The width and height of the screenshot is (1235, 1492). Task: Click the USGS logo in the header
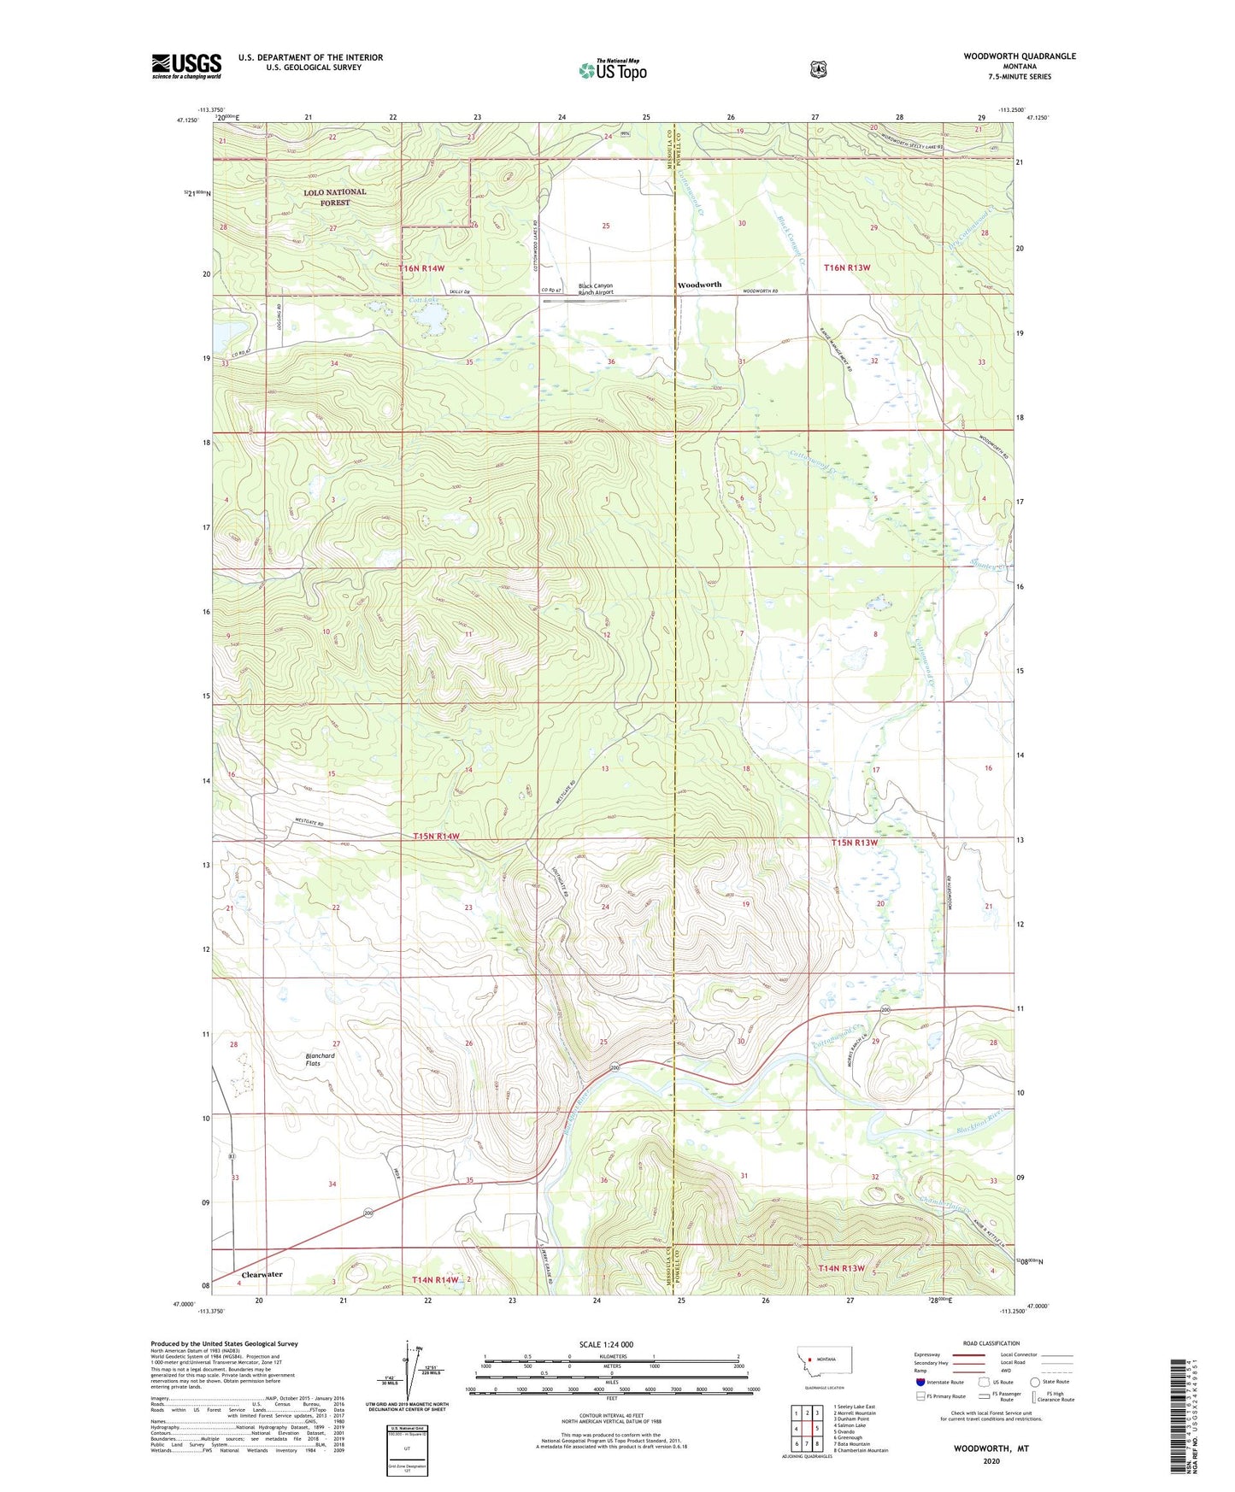(186, 66)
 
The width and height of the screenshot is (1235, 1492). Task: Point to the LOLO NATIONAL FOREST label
(335, 197)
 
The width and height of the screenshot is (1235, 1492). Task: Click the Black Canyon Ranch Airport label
(596, 289)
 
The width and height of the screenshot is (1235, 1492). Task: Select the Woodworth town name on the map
(699, 285)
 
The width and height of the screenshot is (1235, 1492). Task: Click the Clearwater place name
(262, 1274)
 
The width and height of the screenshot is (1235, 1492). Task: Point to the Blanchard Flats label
(320, 1059)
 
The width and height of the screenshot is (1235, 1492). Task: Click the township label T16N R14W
(421, 268)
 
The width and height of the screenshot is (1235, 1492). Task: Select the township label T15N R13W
(855, 843)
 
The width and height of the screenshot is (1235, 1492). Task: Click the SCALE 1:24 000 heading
(606, 1344)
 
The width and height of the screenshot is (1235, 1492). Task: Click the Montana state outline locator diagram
(824, 1359)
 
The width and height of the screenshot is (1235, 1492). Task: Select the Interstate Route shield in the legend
(920, 1382)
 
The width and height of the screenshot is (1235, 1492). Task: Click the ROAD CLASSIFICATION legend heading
(991, 1343)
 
